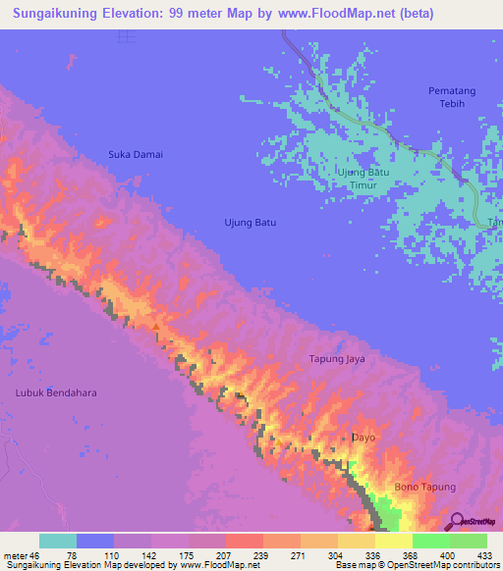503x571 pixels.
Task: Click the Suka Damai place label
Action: click(136, 154)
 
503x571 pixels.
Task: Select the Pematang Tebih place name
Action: click(452, 97)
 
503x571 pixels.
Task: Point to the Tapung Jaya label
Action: click(337, 359)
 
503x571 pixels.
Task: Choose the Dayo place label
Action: click(364, 438)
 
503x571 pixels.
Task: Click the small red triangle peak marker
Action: click(155, 327)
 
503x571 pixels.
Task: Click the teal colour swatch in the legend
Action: click(58, 541)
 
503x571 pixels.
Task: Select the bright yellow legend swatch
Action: click(393, 541)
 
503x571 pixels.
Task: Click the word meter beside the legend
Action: click(14, 554)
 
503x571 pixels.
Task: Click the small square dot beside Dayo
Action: click(343, 438)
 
